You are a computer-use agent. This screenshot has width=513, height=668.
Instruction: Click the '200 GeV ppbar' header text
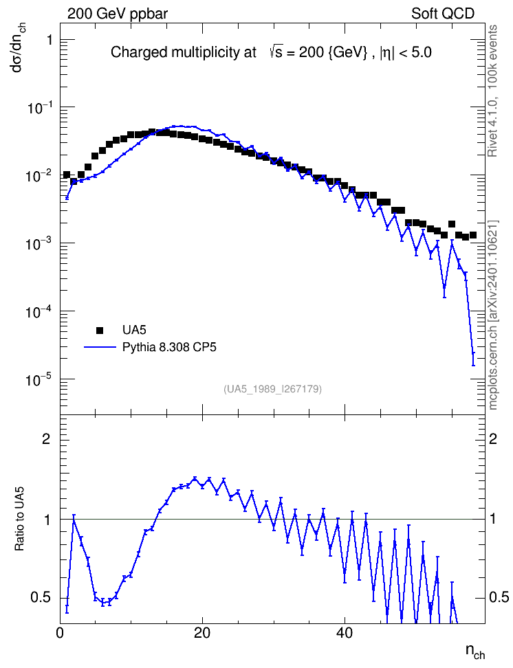118,14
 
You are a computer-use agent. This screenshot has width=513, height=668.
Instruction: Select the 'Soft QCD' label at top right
443,14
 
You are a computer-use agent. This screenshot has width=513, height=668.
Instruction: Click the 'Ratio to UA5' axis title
20,518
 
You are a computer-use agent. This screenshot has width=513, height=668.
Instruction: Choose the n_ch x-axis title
475,651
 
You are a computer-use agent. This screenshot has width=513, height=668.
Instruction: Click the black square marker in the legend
100,330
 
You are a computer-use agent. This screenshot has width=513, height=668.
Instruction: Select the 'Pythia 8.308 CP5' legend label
169,348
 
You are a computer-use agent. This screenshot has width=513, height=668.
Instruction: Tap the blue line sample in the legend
100,347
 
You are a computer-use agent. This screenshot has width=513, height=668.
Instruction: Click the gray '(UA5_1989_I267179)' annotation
272,389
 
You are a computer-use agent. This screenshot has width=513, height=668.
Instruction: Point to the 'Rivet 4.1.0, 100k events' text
492,91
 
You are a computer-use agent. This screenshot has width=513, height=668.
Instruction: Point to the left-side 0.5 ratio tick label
41,597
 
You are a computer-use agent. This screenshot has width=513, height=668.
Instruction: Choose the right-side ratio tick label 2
493,438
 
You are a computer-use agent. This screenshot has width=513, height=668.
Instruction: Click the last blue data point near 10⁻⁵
473,353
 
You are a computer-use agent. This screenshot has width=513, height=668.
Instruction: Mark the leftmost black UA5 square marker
67,175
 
